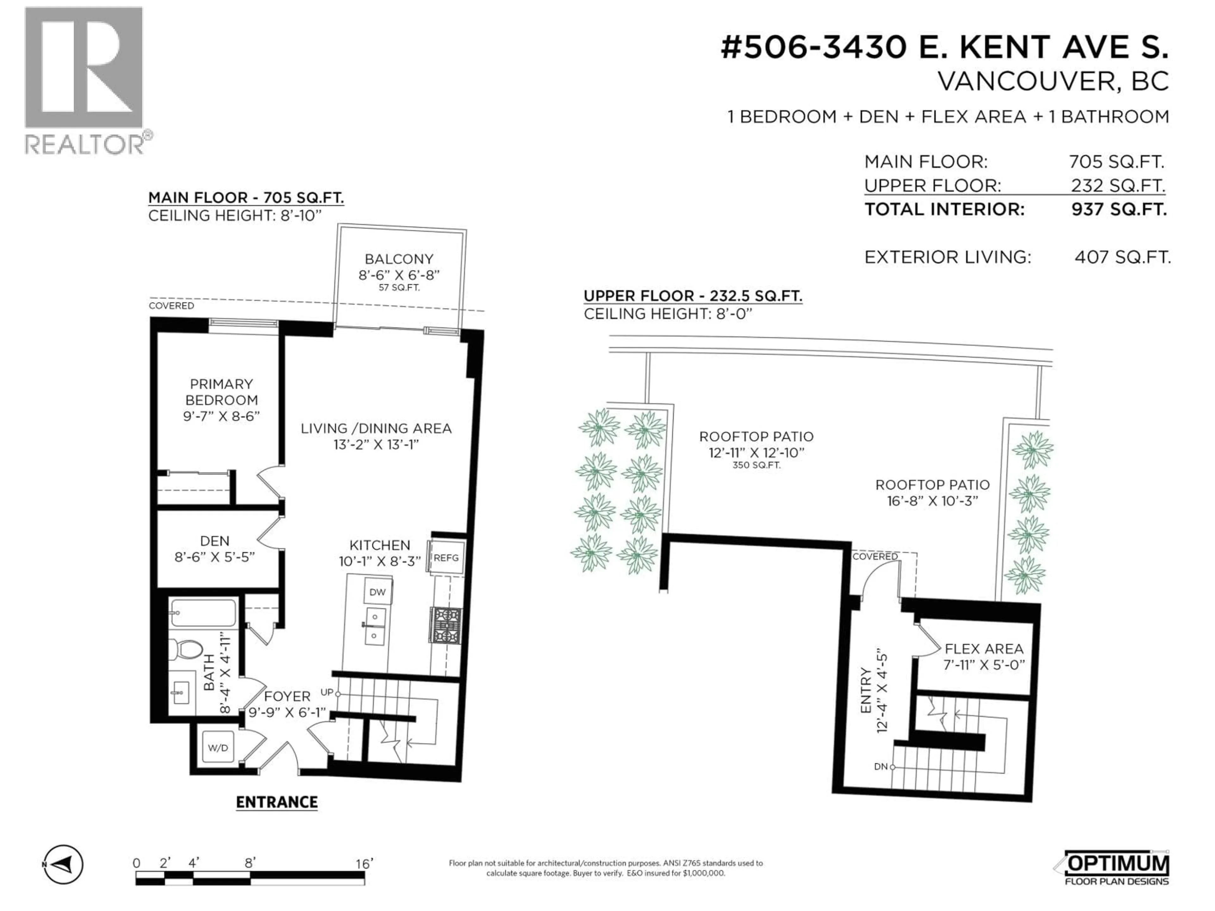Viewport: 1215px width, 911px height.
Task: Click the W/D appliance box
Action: point(218,747)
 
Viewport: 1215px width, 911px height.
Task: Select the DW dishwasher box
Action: point(377,592)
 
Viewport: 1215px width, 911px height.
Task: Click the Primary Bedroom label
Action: point(221,392)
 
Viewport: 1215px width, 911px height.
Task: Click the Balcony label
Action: point(399,259)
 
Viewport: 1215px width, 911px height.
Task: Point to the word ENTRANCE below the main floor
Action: point(277,802)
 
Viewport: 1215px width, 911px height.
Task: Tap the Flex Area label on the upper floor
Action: point(984,649)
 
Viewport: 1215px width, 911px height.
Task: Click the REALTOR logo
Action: point(85,82)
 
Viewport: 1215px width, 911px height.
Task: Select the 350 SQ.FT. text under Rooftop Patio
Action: point(756,465)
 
